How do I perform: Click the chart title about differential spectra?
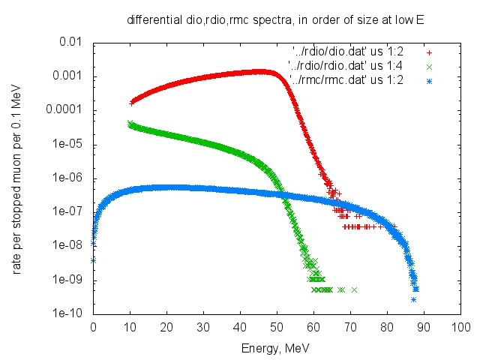coord(275,21)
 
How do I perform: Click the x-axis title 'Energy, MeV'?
coord(275,349)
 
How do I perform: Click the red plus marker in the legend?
coord(429,52)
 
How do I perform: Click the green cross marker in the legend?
coord(429,65)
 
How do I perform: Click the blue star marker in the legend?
coord(429,79)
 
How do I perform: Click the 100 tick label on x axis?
coord(460,328)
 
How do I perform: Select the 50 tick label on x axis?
coord(277,328)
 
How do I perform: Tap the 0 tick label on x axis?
coord(93,328)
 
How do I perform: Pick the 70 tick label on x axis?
coord(350,328)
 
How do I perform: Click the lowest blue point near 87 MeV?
coord(413,299)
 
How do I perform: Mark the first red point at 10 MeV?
coord(132,102)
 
